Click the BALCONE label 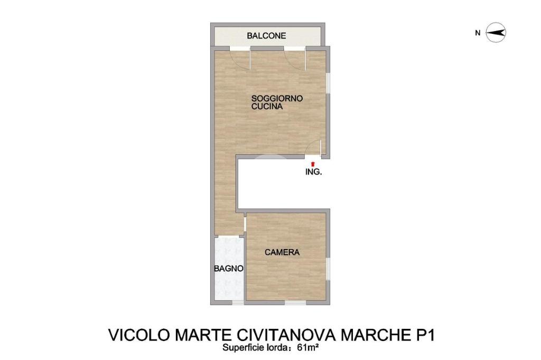(x=266, y=35)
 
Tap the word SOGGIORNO (x=277, y=98)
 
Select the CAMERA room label (x=282, y=252)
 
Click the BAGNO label (x=228, y=268)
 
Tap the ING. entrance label (x=314, y=172)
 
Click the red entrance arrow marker (x=313, y=164)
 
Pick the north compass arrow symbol (x=496, y=33)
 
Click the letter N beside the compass (x=478, y=33)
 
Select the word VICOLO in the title (x=139, y=335)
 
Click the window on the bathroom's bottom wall (x=237, y=303)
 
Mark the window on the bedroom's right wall (x=328, y=269)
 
